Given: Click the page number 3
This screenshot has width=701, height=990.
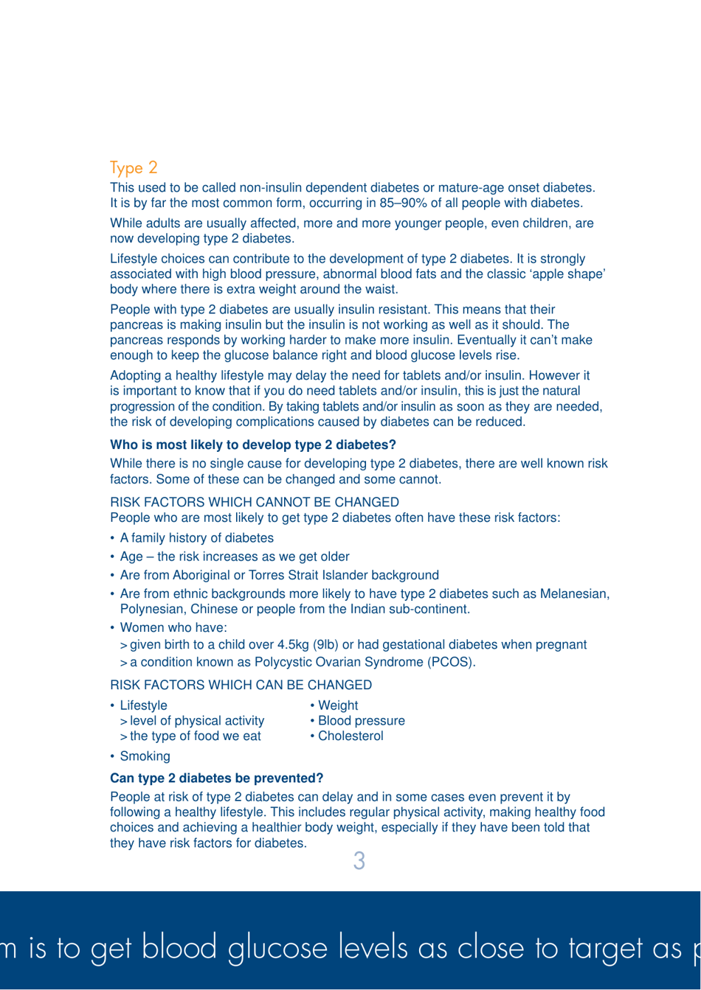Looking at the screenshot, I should [358, 861].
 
